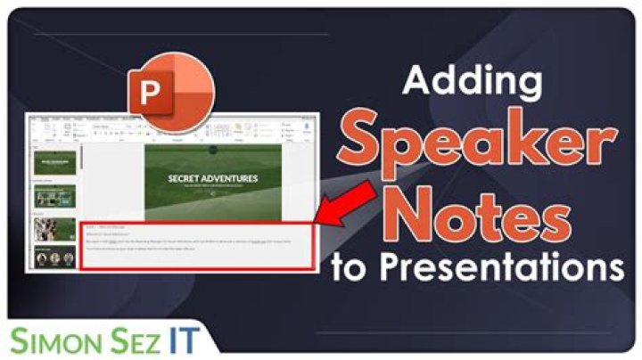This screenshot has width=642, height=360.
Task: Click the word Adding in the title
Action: [468, 82]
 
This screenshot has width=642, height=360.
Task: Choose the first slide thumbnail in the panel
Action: [54, 163]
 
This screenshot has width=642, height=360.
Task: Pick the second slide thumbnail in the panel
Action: [54, 198]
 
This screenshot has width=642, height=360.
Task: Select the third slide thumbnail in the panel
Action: [54, 229]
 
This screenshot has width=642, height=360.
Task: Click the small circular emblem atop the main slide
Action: [213, 152]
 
